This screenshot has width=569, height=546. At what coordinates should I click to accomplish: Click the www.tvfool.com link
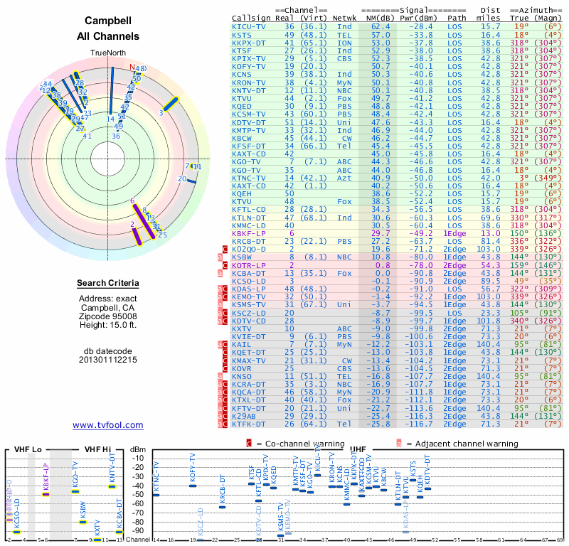click(108, 425)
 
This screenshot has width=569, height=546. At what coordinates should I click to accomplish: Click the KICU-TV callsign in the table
click(250, 26)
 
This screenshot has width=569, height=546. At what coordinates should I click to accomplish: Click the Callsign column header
click(252, 18)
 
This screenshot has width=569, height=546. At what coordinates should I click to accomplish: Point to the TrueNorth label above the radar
click(107, 53)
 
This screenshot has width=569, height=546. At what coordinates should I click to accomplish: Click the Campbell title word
click(107, 21)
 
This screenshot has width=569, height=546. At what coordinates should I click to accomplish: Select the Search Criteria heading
click(108, 284)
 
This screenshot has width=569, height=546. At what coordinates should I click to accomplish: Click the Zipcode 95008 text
click(108, 317)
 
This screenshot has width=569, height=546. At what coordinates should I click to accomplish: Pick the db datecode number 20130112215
click(108, 359)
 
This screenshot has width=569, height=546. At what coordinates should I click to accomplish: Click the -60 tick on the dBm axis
click(138, 500)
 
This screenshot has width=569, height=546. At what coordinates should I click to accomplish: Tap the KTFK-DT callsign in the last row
click(250, 424)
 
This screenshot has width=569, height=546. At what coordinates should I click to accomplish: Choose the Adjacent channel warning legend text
click(462, 444)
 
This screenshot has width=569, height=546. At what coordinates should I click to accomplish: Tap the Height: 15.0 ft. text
click(108, 326)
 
